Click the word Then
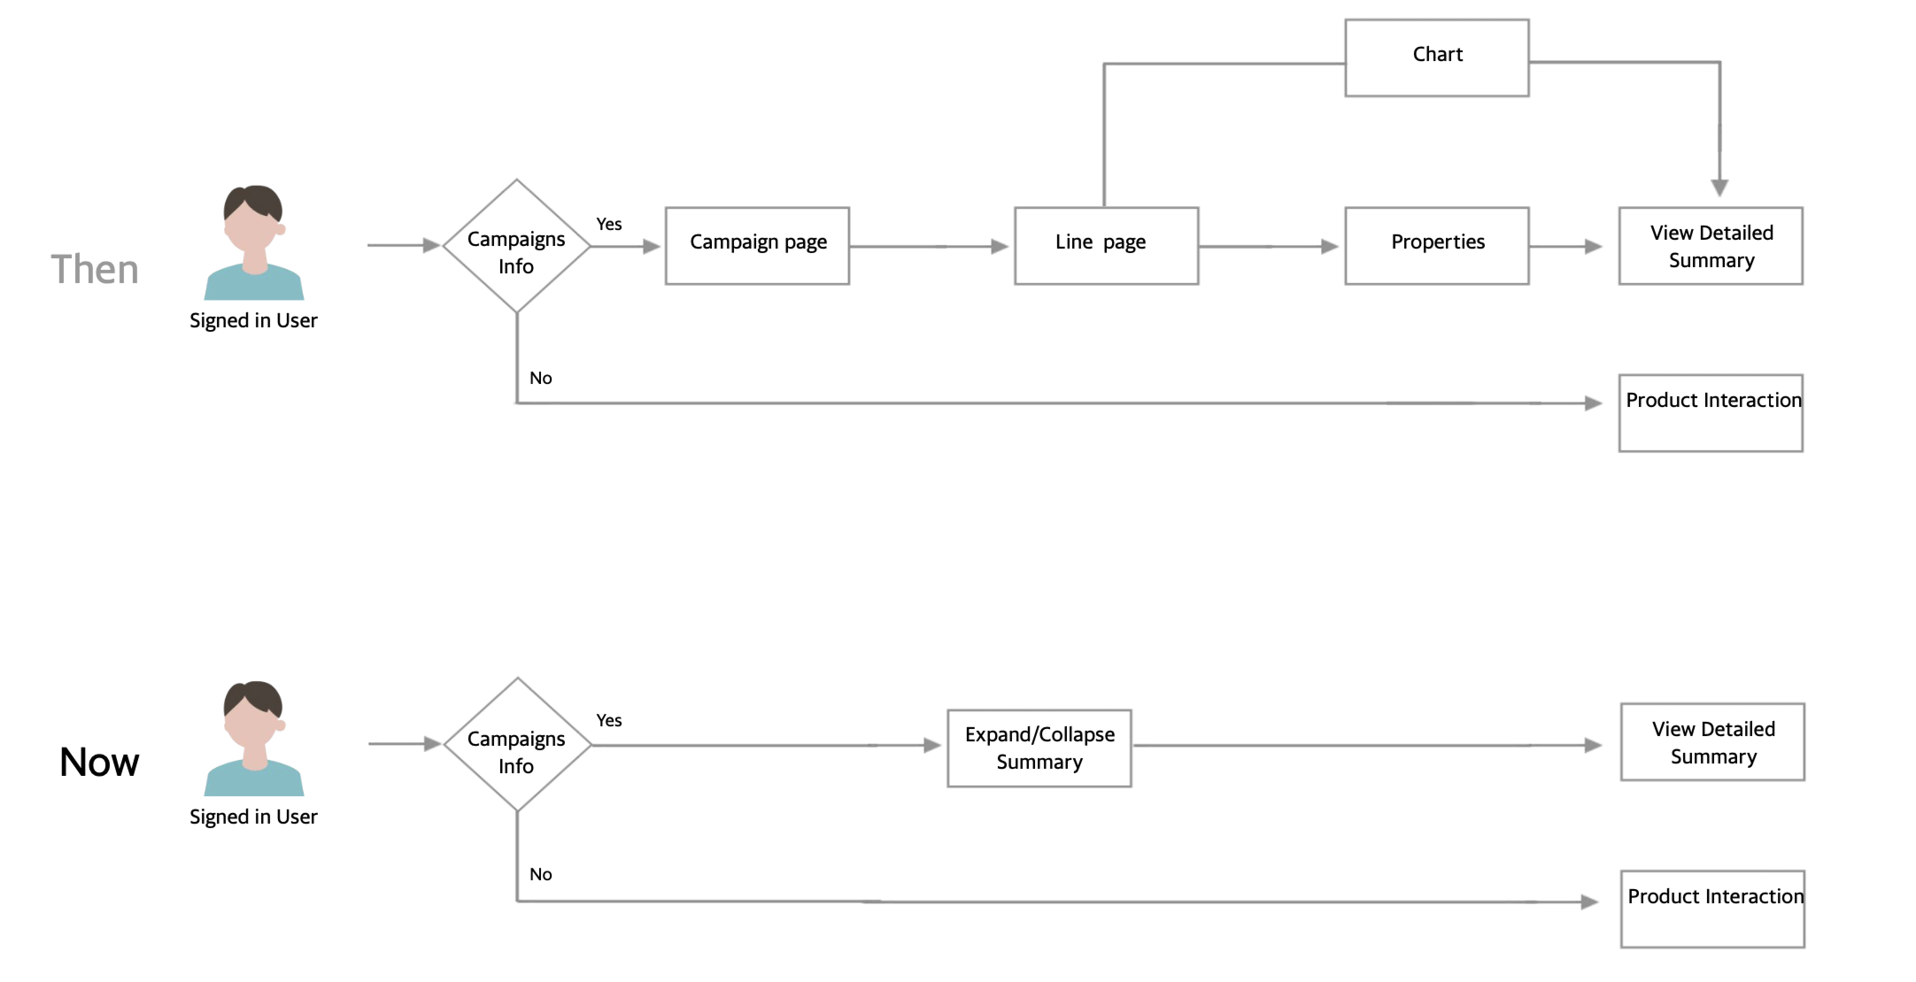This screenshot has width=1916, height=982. coord(94,269)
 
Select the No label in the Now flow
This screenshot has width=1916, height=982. coord(541,874)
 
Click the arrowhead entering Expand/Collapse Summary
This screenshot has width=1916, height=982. coord(932,745)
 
